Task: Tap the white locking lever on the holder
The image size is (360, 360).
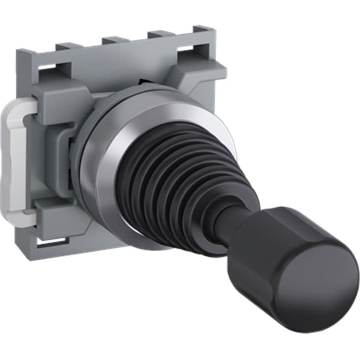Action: [19, 155]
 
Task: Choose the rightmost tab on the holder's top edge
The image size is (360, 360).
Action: [162, 34]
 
